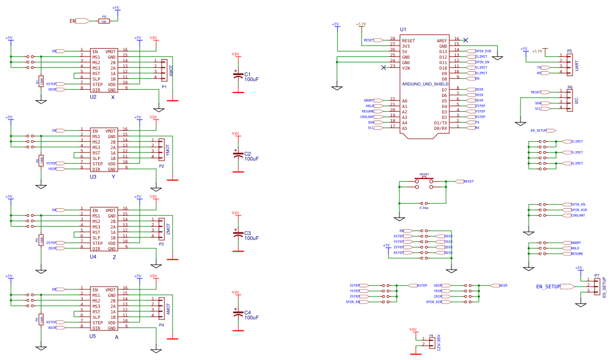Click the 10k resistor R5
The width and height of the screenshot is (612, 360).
click(x=104, y=21)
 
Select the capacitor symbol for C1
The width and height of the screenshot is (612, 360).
click(x=237, y=76)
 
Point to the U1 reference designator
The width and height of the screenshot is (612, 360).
click(x=403, y=29)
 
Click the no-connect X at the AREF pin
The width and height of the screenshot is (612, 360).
click(x=466, y=40)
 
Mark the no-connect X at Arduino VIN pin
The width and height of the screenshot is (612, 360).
click(x=384, y=67)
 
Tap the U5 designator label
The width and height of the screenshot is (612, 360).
click(x=93, y=336)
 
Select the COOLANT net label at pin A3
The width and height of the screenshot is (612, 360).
click(x=367, y=117)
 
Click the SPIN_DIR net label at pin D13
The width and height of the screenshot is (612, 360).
click(x=483, y=52)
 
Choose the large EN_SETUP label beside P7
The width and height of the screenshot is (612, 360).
click(x=548, y=287)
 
